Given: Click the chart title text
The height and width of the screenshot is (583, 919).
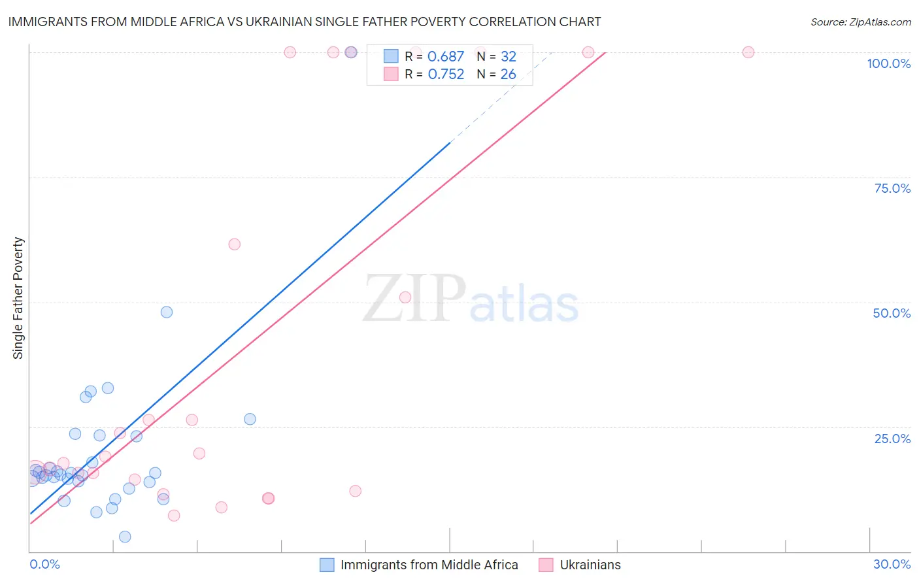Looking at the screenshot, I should coord(304,22).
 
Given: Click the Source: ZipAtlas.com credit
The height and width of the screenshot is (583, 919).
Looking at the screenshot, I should coord(860,22).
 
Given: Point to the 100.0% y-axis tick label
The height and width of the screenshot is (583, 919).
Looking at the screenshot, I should coord(888,63).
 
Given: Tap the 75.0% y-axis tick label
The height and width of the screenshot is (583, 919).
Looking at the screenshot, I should coord(892,188).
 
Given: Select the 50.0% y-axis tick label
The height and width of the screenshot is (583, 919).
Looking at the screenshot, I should coord(892,313).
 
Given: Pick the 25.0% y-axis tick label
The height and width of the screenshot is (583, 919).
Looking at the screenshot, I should coord(892,439).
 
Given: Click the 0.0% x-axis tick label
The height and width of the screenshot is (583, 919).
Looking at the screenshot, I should coord(45,564).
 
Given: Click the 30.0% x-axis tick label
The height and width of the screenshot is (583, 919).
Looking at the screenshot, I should coord(892,564).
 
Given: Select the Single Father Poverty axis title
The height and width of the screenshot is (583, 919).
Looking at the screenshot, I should coord(18,298).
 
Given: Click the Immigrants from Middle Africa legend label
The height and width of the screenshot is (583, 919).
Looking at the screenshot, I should coord(429,565).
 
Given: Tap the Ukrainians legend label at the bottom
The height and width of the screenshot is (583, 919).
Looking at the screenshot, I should coord(590,565).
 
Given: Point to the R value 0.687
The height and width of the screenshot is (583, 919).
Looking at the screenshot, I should coord(445,57).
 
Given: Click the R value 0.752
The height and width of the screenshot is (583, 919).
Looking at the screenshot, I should coord(446,75).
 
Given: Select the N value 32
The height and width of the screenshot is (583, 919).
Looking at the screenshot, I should coord(508,57).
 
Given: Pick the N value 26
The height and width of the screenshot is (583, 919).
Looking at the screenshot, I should coord(508,75).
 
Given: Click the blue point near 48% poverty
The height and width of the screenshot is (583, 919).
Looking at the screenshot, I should coord(167,312).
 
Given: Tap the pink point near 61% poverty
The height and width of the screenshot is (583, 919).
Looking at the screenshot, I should coord(235,244).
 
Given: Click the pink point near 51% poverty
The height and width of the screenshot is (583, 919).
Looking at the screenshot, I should coord(405,297).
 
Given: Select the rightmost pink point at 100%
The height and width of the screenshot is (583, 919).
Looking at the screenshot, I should coord(748,52).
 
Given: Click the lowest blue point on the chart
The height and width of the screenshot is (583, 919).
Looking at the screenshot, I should coord(125,537).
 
